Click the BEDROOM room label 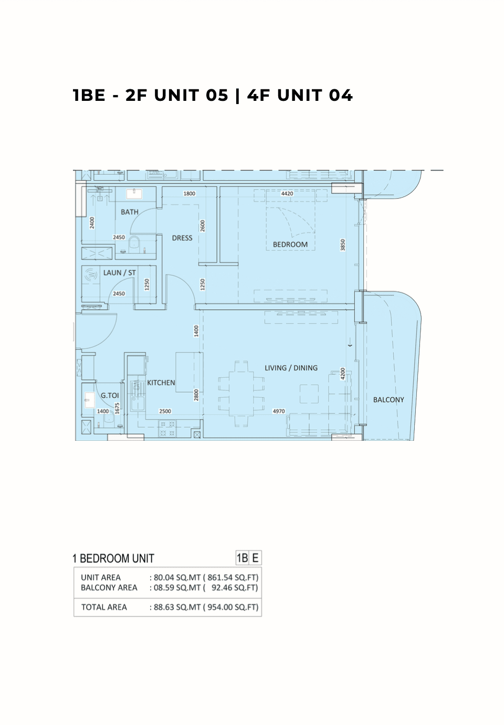click(x=290, y=244)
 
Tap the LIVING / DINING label click(x=291, y=368)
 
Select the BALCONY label click(x=388, y=400)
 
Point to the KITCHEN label click(x=161, y=382)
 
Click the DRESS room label click(x=182, y=238)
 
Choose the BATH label click(x=129, y=212)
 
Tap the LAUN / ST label click(x=119, y=273)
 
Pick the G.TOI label click(x=110, y=395)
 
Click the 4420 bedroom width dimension click(x=287, y=193)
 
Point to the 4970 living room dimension click(x=279, y=411)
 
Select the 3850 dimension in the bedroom click(x=343, y=245)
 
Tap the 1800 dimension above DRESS click(x=189, y=193)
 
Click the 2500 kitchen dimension click(x=165, y=411)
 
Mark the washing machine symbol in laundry click(x=91, y=275)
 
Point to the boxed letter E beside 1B click(x=255, y=557)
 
